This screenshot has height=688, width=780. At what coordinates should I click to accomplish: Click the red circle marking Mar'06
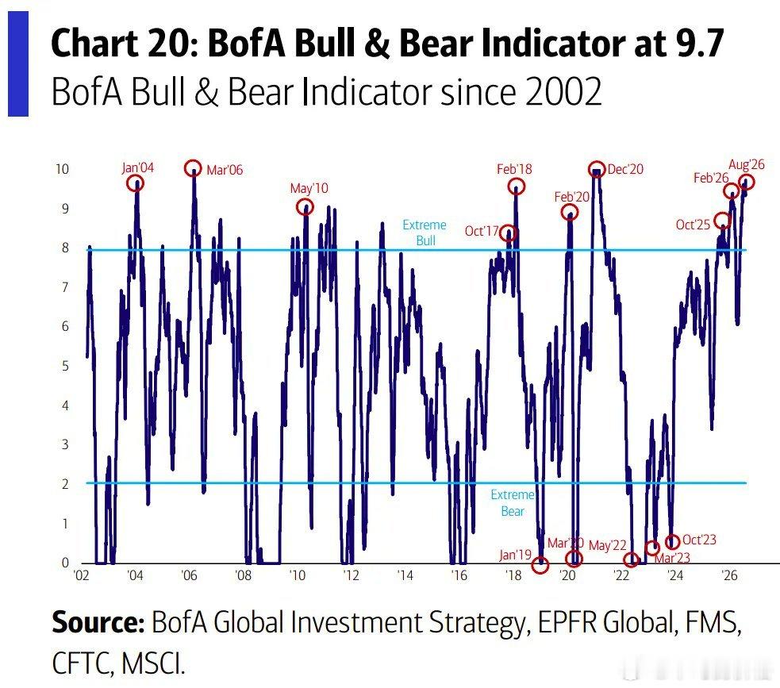tap(186, 169)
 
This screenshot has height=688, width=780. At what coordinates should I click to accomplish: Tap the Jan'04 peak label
tap(138, 167)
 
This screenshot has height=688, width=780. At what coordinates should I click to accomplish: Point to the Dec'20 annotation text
tap(625, 170)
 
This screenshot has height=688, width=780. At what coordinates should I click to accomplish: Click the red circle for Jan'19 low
tap(533, 564)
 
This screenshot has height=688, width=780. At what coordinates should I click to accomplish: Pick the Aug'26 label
tap(746, 165)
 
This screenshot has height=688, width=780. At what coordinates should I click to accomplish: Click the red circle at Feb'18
tap(510, 186)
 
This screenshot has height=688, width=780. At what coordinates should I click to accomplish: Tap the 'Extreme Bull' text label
tap(425, 233)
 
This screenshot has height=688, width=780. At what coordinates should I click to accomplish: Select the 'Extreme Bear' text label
tap(513, 503)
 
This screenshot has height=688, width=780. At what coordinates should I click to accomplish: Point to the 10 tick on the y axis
tap(62, 169)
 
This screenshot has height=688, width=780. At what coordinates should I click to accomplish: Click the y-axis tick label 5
tap(65, 366)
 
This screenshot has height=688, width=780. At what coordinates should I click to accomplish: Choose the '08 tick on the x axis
tap(243, 575)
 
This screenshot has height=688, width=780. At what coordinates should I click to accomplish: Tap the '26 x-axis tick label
tap(729, 575)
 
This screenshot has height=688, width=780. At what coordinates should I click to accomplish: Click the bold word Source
tap(98, 622)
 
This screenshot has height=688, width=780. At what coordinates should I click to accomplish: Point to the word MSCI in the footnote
tap(152, 663)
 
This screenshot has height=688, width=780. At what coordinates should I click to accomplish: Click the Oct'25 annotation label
tap(693, 225)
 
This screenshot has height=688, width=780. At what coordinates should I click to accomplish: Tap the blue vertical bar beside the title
tap(18, 63)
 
